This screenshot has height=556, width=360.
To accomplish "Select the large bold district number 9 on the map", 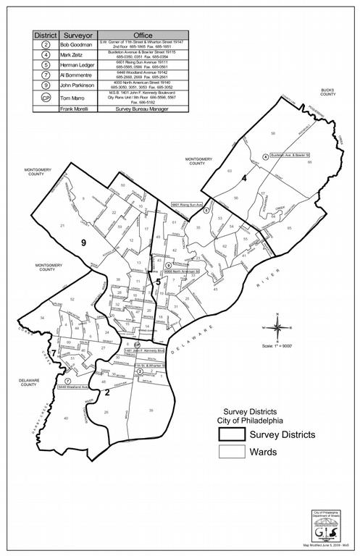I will tap(85, 243).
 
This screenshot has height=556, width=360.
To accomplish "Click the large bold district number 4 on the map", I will tap(245, 178).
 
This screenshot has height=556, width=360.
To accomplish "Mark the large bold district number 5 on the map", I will tap(158, 281).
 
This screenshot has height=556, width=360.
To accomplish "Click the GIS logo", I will tap(319, 523).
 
